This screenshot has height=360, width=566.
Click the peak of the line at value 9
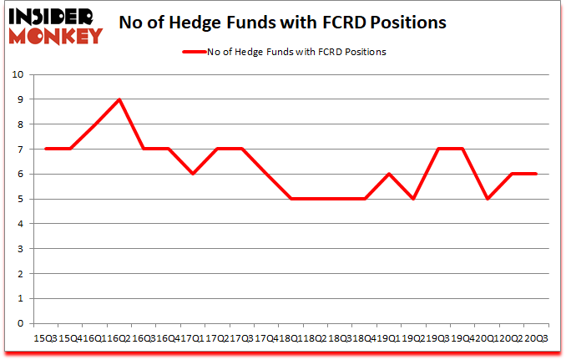point(119,99)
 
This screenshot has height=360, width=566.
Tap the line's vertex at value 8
point(95,124)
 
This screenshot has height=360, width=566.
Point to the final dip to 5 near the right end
point(488,199)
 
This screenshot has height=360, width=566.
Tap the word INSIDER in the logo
point(52,15)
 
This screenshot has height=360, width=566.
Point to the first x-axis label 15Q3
point(46,338)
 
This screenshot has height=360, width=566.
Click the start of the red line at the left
point(46,149)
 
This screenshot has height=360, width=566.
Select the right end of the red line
point(536,174)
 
